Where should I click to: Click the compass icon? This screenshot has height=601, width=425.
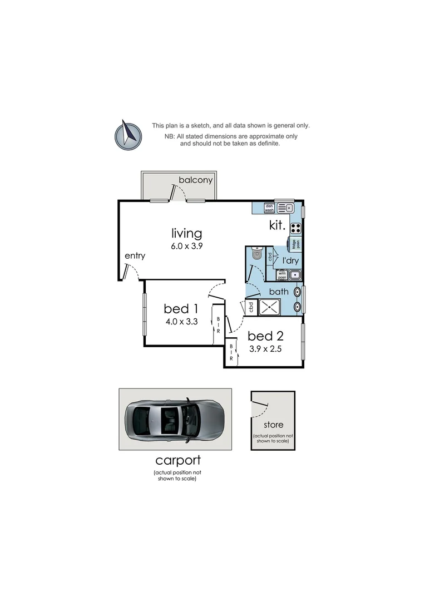129,135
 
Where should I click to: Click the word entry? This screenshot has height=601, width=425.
135,256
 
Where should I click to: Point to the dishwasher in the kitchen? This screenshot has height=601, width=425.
269,208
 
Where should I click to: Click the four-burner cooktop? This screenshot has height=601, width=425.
295,227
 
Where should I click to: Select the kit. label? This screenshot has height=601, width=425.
277,226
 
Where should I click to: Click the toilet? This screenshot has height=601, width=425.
256,254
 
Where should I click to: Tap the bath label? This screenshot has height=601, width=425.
278,291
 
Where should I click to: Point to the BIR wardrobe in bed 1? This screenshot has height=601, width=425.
218,324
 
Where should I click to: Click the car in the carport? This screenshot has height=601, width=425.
174,419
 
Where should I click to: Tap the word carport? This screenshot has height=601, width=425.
177,460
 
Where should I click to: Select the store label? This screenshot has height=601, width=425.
273,425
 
